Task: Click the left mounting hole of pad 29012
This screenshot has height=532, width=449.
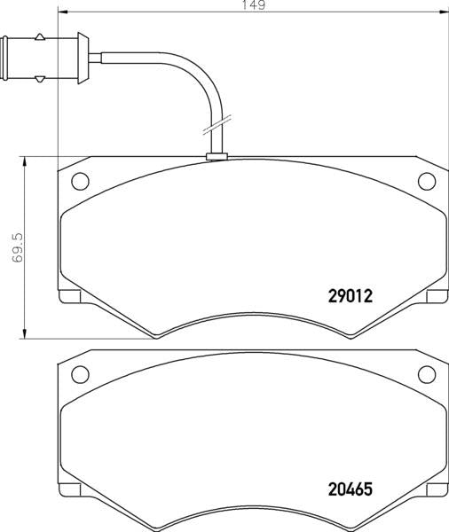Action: tap(79, 183)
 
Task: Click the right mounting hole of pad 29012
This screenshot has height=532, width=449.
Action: tap(425, 183)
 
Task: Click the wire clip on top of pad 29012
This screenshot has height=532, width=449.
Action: tap(217, 158)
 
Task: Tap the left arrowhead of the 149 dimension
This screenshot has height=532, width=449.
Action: tap(61, 12)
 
